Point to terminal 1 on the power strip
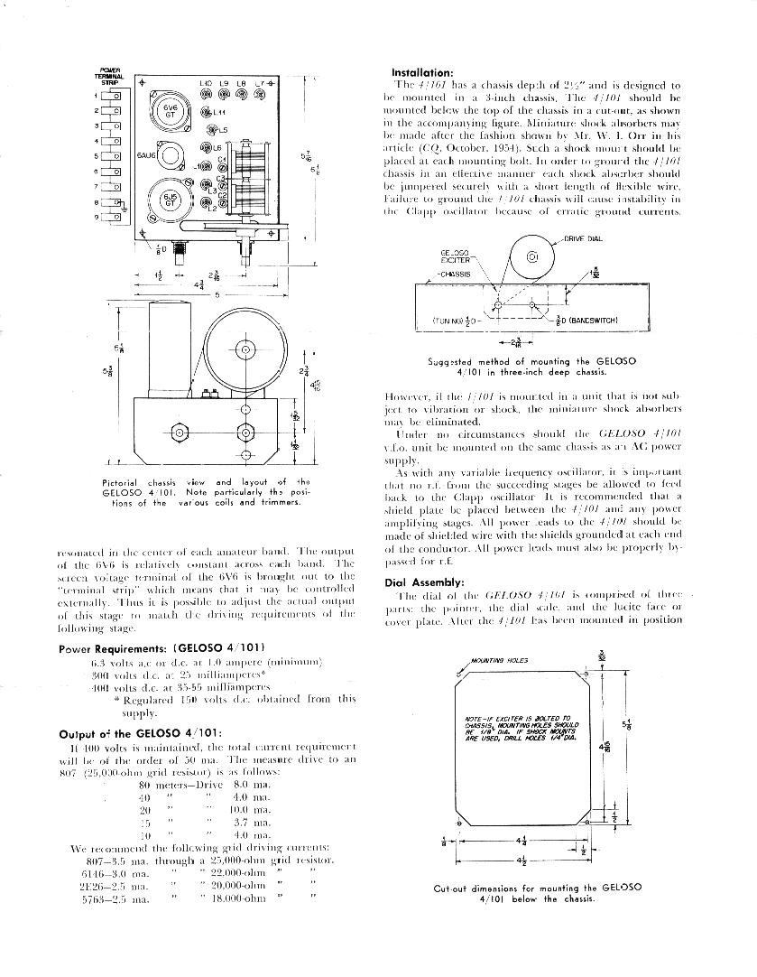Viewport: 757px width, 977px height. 115,95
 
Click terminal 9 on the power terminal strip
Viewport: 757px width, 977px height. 115,218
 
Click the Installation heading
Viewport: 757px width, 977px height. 421,73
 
